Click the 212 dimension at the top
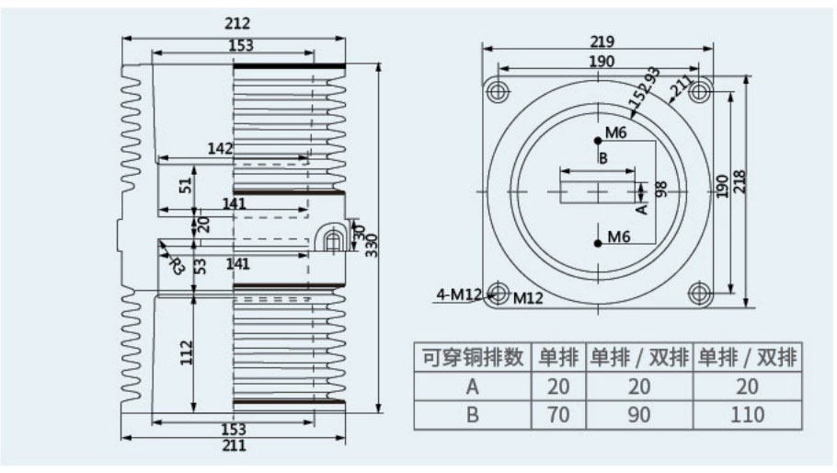point(236,24)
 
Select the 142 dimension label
point(221,148)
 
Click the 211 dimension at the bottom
point(235,446)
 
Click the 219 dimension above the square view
point(602,41)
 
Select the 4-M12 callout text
point(460,294)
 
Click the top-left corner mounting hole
point(499,91)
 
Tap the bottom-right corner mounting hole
point(701,294)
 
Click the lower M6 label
point(617,238)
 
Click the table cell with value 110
point(746,415)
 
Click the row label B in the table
point(473,415)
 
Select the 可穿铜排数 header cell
point(473,357)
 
